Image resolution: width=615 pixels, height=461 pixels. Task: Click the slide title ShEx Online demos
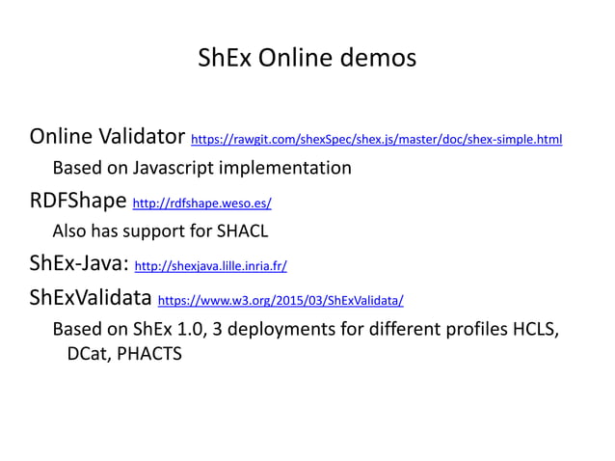click(307, 58)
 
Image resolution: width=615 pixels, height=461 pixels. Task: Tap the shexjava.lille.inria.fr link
click(210, 266)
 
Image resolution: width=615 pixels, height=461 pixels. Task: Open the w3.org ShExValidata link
click(280, 299)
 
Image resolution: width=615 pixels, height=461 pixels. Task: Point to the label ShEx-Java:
click(80, 263)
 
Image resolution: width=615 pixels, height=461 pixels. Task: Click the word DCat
click(89, 353)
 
